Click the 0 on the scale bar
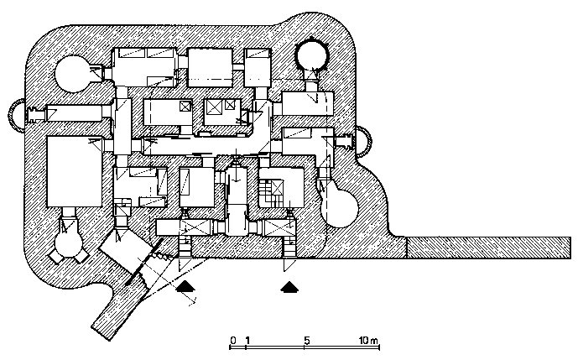point(232,341)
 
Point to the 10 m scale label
point(368,341)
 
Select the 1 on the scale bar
point(247,341)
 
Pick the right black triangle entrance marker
point(290,287)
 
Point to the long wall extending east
point(487,247)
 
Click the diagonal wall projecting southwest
point(117,308)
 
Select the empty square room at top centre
point(209,65)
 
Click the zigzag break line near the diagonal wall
point(168,252)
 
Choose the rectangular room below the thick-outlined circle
point(308,104)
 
